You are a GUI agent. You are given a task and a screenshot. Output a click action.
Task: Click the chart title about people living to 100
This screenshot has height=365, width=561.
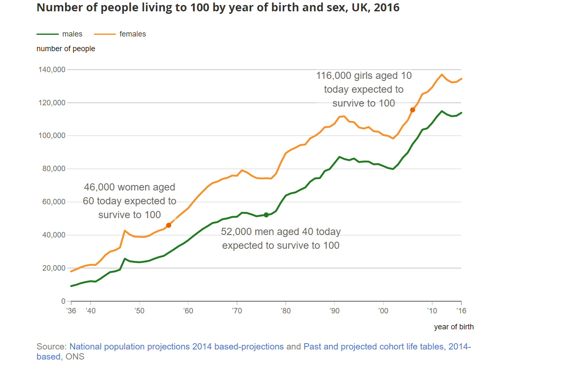[218, 8]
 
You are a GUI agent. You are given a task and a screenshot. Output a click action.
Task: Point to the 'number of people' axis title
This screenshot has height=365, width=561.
[66, 49]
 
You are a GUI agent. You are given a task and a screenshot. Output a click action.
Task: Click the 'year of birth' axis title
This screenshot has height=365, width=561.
[454, 326]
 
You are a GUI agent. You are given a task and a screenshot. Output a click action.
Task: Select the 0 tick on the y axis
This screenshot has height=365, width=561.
[63, 301]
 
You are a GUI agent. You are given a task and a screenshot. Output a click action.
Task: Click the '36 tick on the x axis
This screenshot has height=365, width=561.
[71, 311]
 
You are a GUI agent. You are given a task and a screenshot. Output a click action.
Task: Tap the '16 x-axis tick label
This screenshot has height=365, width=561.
[461, 311]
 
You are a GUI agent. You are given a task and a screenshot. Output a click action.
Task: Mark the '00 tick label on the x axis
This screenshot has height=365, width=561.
[383, 311]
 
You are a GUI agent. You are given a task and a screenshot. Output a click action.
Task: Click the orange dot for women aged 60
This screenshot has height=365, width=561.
[169, 225]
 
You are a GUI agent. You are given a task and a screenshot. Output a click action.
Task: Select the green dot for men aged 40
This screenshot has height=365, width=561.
[266, 215]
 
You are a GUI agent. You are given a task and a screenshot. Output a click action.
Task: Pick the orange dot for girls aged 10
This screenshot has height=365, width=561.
[412, 110]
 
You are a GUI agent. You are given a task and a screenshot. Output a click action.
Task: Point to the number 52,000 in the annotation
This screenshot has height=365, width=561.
[237, 232]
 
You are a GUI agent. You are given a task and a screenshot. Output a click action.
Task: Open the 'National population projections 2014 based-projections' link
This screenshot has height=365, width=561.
[176, 347]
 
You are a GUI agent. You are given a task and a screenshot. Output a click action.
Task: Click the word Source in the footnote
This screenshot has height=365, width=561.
[51, 347]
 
